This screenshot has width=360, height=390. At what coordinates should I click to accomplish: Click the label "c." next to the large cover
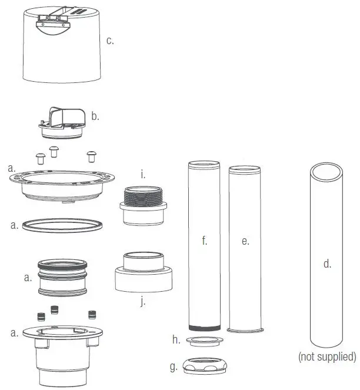click(x=109, y=41)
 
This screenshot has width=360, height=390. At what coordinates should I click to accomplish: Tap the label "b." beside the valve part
click(x=95, y=116)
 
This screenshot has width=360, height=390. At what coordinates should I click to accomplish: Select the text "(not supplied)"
click(x=327, y=356)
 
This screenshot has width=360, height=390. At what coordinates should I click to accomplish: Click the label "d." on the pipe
click(x=327, y=264)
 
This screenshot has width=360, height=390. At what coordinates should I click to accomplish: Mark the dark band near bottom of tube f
click(x=204, y=327)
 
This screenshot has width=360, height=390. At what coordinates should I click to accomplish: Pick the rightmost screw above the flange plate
click(x=92, y=155)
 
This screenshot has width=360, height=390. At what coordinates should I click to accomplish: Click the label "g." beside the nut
click(x=173, y=366)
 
